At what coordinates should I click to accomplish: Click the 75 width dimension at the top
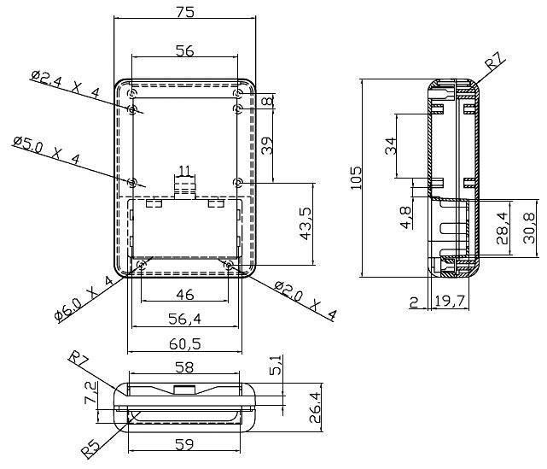pos(184,12)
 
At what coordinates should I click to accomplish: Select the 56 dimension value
pos(184,51)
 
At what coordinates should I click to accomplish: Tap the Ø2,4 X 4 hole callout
pos(65,84)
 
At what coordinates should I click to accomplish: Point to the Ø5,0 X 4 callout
pos(47,150)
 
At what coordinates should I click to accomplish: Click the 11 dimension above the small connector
pos(184,171)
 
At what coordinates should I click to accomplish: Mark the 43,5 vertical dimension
pos(306,224)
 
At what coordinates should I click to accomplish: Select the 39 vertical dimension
pos(267,145)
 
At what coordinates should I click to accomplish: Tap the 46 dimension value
pos(185,295)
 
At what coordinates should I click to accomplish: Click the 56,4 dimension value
pos(185,319)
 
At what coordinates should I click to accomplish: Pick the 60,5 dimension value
pos(185,344)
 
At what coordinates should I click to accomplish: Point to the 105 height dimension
pos(356,178)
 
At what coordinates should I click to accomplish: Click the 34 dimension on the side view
pos(391,145)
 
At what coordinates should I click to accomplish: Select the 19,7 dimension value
pos(450,301)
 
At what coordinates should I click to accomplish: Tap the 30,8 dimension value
pos(529,228)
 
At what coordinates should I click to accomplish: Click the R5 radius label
pos(91,448)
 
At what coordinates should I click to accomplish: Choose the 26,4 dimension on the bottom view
pos(316,407)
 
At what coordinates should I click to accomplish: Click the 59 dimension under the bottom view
pos(184,444)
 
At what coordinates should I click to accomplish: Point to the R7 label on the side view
pos(496,62)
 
